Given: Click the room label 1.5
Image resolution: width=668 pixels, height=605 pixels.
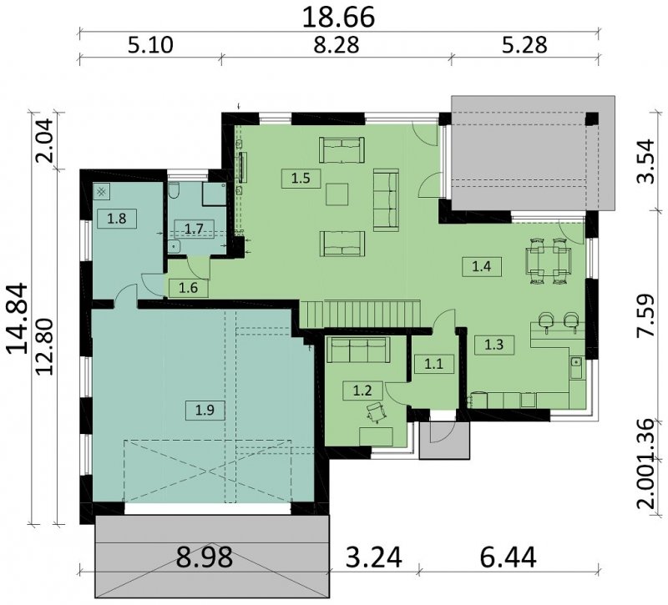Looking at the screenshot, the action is [x=301, y=178].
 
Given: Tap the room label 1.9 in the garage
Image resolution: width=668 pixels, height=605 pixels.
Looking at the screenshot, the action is [x=205, y=410].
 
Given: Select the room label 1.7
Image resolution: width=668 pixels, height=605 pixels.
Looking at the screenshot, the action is [x=194, y=229].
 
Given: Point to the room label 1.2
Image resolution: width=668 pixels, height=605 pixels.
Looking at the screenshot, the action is [x=362, y=390].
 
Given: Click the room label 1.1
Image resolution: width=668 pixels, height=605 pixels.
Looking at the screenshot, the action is [x=434, y=364].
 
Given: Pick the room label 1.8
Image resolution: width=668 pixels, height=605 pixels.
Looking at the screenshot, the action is [x=117, y=219].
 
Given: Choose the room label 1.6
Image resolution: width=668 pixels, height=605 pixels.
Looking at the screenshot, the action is [x=189, y=288].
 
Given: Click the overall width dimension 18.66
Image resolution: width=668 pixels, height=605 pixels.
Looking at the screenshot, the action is [x=338, y=17].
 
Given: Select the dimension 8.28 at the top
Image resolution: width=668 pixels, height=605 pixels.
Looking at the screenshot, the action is [x=337, y=45].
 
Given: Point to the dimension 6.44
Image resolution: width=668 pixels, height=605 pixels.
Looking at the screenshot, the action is [x=509, y=557].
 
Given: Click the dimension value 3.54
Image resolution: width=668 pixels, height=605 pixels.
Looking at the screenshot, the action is [x=645, y=161].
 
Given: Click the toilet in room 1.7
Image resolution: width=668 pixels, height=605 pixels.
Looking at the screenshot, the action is [x=174, y=190].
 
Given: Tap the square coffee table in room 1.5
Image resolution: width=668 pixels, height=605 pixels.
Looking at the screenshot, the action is [x=337, y=194].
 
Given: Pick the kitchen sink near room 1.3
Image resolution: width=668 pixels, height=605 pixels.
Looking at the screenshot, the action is [x=576, y=366].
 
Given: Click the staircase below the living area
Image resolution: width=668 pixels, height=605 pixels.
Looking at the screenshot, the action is [x=362, y=314].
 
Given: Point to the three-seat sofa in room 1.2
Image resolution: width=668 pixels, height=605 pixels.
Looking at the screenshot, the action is [x=358, y=350].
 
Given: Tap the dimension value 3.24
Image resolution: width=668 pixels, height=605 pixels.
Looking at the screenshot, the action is [x=373, y=557].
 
